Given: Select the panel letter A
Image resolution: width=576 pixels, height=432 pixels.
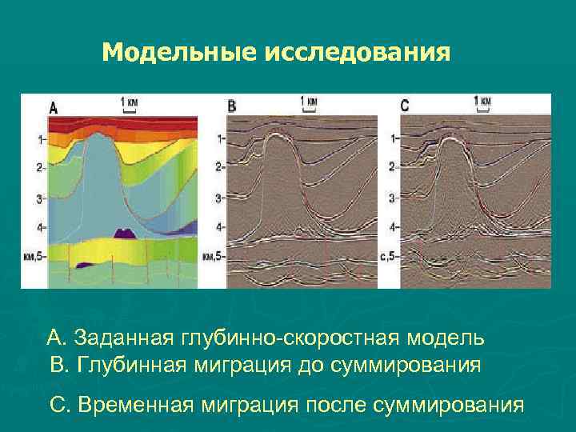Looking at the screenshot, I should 54,106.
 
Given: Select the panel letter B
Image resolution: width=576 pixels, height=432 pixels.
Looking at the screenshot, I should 231,106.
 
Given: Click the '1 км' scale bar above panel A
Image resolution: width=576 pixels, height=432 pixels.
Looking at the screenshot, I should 130,103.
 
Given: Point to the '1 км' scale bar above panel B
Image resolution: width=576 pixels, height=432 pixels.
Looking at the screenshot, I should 308,102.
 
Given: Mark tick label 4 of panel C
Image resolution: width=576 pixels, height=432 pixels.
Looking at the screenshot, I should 392,227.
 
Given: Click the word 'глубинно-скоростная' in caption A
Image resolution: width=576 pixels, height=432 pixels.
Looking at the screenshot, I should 282,338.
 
